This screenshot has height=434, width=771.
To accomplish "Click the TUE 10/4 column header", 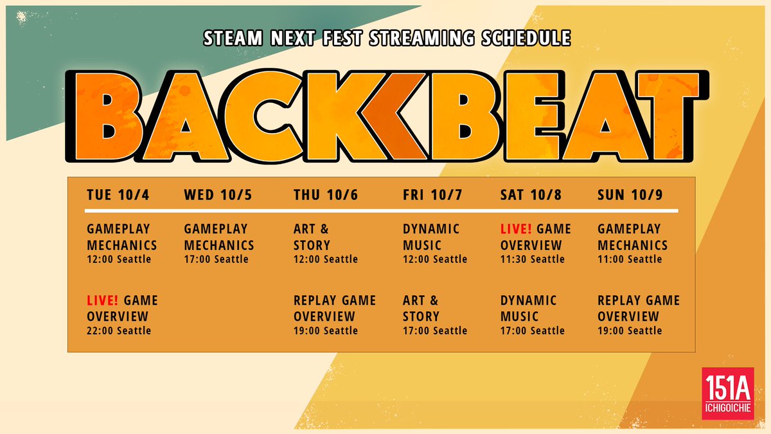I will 118,195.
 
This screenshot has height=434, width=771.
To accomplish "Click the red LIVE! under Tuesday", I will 103,300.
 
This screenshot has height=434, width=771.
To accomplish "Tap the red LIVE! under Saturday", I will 517,229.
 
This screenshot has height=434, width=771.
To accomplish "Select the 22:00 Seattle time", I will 119,330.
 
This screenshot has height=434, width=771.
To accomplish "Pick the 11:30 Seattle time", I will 532,259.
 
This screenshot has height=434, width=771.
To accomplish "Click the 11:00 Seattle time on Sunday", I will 630,259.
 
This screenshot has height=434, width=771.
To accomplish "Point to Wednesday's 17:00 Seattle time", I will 216,259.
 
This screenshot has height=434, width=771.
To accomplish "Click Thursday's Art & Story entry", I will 312,237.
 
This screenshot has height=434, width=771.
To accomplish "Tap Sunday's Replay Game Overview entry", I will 638,308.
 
